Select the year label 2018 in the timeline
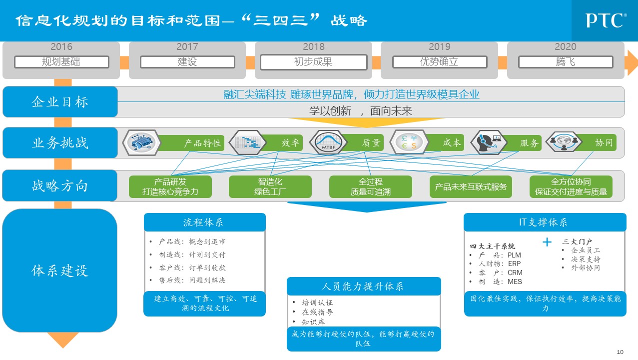click(313, 47)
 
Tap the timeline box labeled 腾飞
click(566, 62)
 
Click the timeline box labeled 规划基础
click(61, 62)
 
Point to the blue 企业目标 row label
click(60, 102)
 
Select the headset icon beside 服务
click(487, 142)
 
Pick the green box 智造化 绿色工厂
click(270, 186)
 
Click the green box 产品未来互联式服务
click(471, 187)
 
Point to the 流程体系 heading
click(204, 222)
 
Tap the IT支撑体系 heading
click(545, 222)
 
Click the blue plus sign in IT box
click(547, 242)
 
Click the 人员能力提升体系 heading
click(364, 286)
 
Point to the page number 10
click(621, 351)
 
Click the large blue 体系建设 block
click(60, 271)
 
